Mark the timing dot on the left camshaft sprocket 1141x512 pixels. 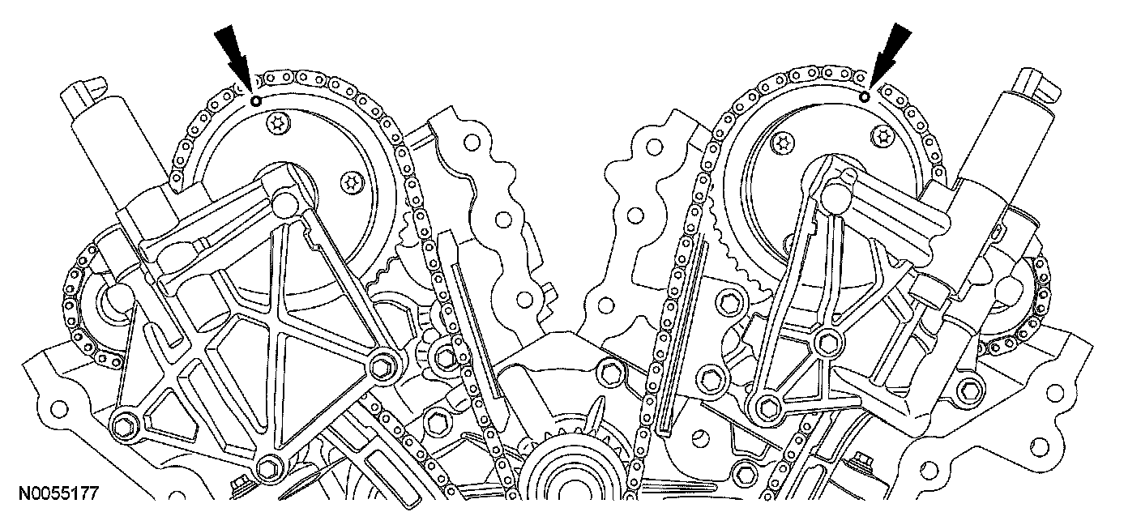click(x=256, y=101)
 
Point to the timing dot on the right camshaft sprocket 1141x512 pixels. click(x=865, y=97)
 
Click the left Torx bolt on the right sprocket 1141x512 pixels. click(x=782, y=143)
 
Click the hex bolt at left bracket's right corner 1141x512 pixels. click(x=379, y=366)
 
